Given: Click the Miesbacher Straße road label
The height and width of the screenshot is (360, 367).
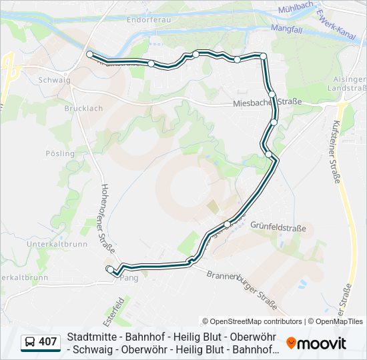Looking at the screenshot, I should [x=268, y=102].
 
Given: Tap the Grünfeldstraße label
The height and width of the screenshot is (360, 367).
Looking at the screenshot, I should [x=278, y=228].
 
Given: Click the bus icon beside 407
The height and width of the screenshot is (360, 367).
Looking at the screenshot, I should [x=30, y=343].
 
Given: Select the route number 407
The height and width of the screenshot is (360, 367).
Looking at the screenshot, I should [x=48, y=343].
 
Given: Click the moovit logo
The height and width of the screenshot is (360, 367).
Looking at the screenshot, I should [x=317, y=343].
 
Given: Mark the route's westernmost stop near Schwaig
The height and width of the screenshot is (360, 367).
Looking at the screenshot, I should [x=89, y=54].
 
